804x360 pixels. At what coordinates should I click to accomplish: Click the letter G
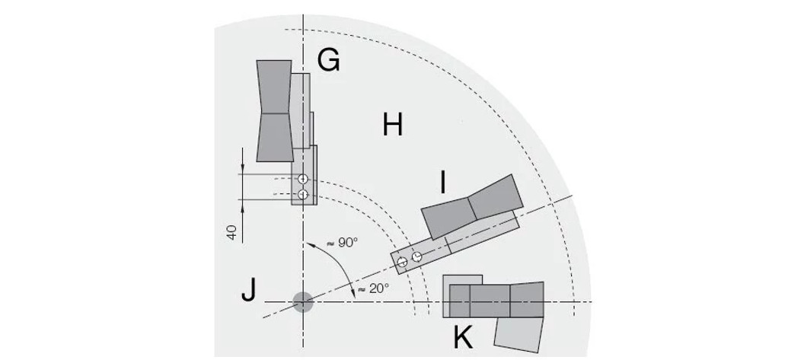coord(328,59)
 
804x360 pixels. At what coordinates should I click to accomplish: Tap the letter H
coord(392,124)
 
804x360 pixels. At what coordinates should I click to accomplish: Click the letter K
coord(462,337)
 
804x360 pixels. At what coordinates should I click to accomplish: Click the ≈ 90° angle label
coord(342,243)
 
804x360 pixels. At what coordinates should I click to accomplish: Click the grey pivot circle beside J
coord(303,302)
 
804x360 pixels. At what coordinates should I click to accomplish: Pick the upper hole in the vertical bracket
coord(303,179)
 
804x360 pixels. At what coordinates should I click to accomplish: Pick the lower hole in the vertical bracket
coord(303,195)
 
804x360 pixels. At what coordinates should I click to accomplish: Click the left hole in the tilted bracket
coord(402,263)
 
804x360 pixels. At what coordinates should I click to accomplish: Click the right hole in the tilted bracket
coord(416,257)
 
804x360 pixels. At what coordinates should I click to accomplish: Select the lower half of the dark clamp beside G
coord(275,138)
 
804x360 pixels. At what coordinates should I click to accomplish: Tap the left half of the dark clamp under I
coord(449,217)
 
